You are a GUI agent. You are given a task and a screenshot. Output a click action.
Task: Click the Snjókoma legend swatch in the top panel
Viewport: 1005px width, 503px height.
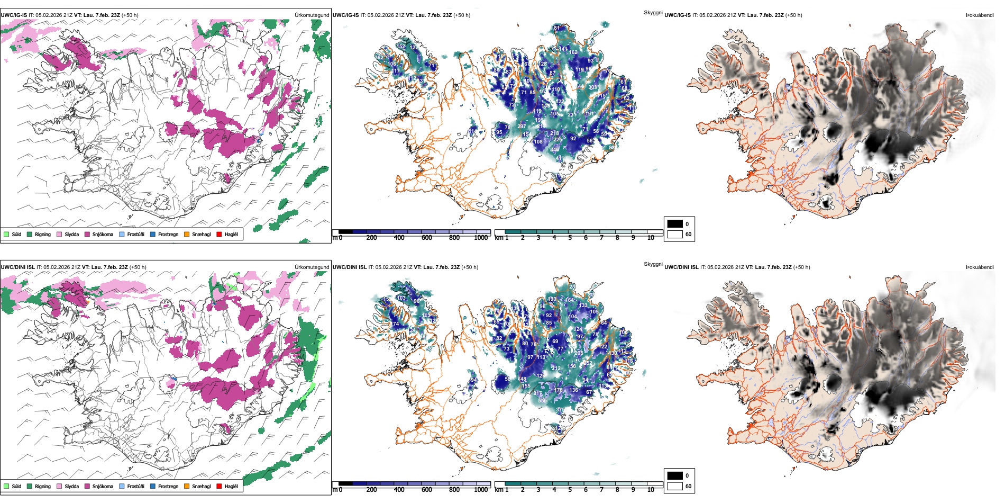point(87,234)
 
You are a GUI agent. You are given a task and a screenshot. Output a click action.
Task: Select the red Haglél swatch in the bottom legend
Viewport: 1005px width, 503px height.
point(219,486)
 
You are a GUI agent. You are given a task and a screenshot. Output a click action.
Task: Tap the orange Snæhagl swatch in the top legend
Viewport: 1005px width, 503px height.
point(187,234)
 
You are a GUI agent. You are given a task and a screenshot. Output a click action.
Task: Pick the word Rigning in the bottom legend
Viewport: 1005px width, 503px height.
point(43,486)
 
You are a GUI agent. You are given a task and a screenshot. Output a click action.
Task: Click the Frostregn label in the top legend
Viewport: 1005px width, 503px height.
point(168,234)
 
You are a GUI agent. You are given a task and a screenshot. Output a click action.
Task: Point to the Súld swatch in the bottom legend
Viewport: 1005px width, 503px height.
point(6,486)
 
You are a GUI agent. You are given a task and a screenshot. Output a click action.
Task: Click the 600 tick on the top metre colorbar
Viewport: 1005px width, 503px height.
point(426,238)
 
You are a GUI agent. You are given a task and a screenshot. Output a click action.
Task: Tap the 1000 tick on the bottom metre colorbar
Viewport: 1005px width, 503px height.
point(481,490)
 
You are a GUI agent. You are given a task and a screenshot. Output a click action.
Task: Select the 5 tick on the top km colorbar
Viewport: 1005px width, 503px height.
point(570,238)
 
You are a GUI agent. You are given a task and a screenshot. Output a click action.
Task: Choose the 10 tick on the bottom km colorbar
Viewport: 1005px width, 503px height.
point(651,490)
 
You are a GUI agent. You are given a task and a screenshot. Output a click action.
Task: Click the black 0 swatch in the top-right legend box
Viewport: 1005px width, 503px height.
point(675,224)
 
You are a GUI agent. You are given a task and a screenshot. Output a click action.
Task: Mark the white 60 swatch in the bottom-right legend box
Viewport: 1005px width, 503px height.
point(675,486)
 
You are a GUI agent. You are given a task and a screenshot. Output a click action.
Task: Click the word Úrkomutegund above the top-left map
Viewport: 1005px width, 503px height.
point(312,15)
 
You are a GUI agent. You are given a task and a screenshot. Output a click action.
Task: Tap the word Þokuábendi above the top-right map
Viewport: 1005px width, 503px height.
point(980,15)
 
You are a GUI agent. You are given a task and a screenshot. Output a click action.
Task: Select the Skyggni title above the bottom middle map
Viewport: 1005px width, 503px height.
point(653,264)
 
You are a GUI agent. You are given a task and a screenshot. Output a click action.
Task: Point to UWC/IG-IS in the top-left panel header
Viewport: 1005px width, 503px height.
point(14,15)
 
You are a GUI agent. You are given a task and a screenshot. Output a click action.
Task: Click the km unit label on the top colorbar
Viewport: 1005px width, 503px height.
point(499,238)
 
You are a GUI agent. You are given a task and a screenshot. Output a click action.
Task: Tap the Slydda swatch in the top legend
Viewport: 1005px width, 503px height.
point(59,234)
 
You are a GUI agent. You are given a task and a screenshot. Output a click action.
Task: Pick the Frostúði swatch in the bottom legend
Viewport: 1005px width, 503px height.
point(122,486)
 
